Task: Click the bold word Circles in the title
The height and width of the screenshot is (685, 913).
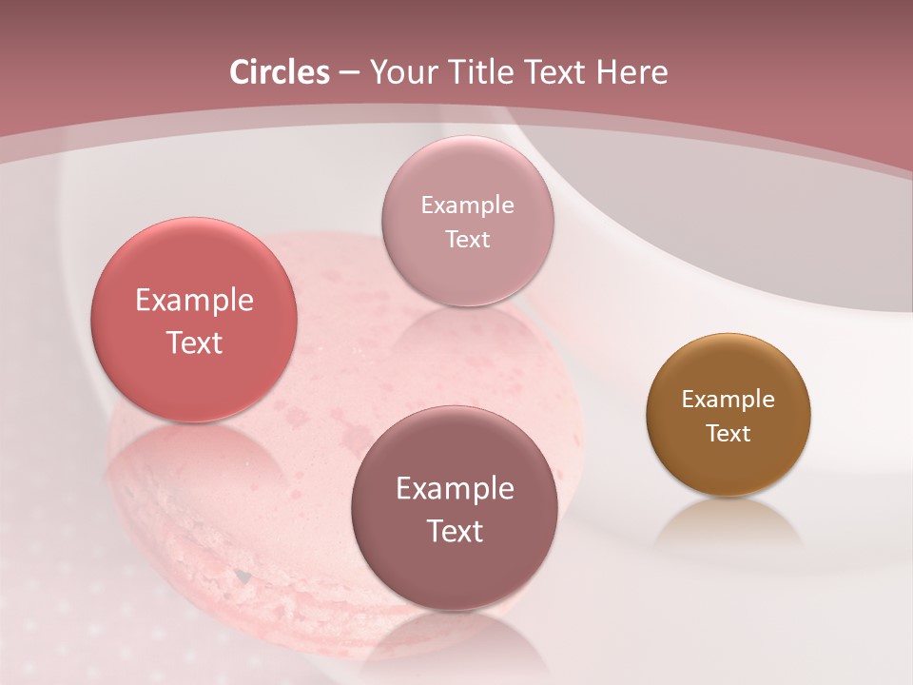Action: click(280, 72)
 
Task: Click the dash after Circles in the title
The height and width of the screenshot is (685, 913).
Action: click(349, 73)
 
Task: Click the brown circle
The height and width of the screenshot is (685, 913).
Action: click(728, 414)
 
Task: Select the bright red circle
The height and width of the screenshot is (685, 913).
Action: click(194, 320)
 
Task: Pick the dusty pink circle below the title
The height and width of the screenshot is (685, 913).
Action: click(467, 221)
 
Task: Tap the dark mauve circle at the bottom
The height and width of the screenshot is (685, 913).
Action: click(455, 507)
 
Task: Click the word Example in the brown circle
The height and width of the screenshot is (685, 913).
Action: click(728, 400)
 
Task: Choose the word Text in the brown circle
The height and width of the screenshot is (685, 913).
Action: click(728, 434)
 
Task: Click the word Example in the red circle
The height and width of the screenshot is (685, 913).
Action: click(194, 301)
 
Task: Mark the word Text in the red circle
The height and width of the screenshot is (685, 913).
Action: click(194, 342)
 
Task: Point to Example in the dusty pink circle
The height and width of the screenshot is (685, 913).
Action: click(467, 205)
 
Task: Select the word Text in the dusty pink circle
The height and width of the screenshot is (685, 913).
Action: click(467, 240)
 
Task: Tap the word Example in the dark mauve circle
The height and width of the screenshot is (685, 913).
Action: click(455, 489)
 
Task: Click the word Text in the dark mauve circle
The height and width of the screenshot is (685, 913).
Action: click(455, 531)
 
